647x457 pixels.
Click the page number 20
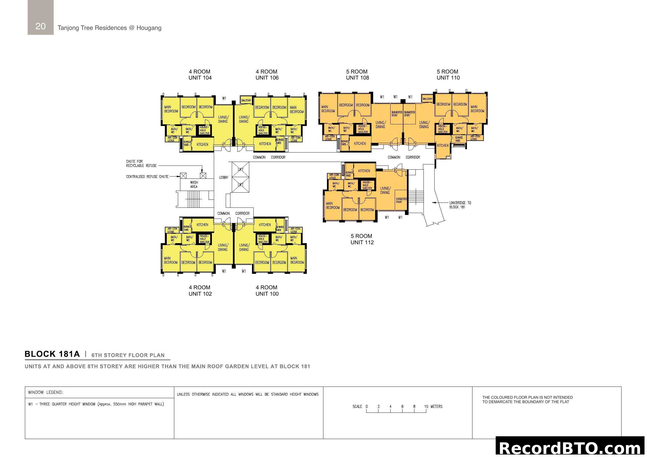pyautogui.click(x=40, y=26)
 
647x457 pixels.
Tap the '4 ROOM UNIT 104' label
pyautogui.click(x=200, y=75)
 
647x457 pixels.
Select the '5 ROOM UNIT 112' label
pyautogui.click(x=362, y=239)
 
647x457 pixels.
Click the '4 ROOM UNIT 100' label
pyautogui.click(x=267, y=290)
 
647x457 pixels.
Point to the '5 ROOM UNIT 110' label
pyautogui.click(x=448, y=75)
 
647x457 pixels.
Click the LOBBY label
pyautogui.click(x=224, y=178)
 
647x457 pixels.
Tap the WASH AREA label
pyautogui.click(x=194, y=185)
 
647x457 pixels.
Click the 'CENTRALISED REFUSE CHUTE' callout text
pyautogui.click(x=147, y=177)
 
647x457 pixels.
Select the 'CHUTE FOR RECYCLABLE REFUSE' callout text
pyautogui.click(x=141, y=164)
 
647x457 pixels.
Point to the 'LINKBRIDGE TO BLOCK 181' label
pyautogui.click(x=460, y=205)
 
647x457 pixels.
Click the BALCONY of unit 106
pyautogui.click(x=246, y=100)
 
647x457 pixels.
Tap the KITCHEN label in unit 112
pyautogui.click(x=364, y=171)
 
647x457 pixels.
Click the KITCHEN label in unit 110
pyautogui.click(x=442, y=146)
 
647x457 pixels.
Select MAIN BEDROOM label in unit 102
pyautogui.click(x=171, y=260)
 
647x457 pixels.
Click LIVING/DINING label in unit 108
pyautogui.click(x=380, y=125)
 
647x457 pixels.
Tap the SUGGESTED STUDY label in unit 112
pyautogui.click(x=401, y=200)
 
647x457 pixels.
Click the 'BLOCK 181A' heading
pyautogui.click(x=52, y=354)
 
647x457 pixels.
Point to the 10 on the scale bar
pyautogui.click(x=426, y=406)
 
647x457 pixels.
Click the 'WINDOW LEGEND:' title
pyautogui.click(x=45, y=392)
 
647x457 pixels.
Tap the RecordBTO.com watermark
pyautogui.click(x=570, y=448)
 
